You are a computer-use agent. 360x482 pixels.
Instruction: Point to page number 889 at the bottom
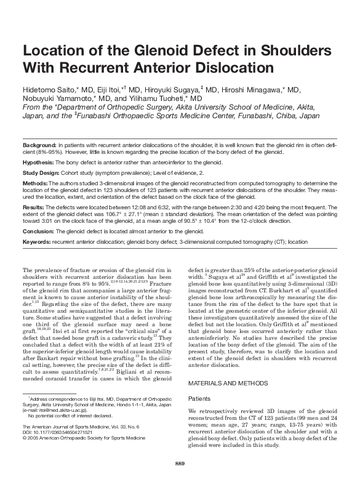pos(180,463)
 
